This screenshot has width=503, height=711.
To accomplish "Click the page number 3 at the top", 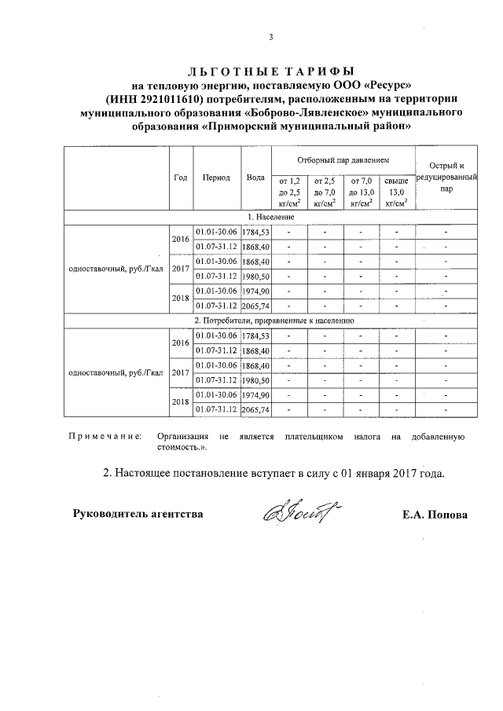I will pos(270,37).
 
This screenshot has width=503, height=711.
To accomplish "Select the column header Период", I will pos(216,178).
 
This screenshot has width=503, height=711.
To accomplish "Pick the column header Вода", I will pos(255,178).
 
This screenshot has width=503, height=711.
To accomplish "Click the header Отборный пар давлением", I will pos(342,159).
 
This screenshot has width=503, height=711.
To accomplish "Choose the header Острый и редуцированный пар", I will pos(446,177).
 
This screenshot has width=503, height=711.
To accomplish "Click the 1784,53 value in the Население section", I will pos(255,232).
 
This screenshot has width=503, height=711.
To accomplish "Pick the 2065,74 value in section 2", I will pos(255,409).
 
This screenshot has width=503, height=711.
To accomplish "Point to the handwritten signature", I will pos(292,513).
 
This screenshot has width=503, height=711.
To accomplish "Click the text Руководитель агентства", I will pos(138,515).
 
